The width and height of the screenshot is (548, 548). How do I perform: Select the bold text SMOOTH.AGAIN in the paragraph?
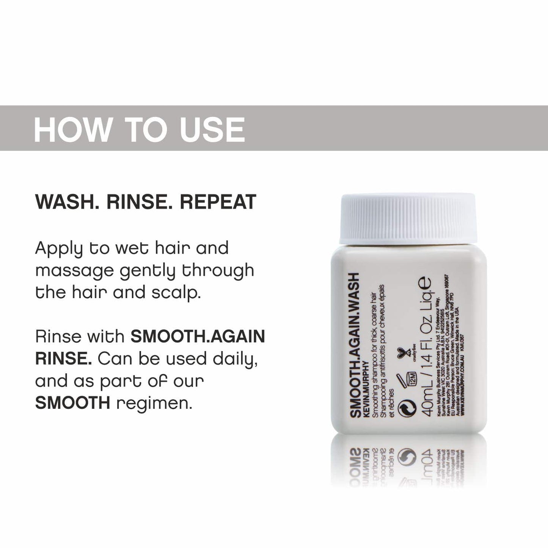(x=198, y=337)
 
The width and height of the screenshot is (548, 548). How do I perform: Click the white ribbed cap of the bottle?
(x=408, y=219)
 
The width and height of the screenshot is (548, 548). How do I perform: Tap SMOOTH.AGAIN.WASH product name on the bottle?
(x=354, y=345)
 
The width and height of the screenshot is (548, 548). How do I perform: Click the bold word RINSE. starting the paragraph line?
(x=63, y=359)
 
